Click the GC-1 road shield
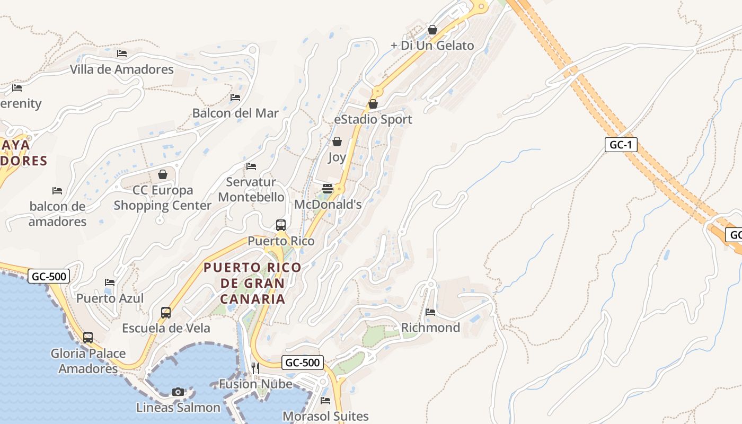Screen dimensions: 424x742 [621, 145]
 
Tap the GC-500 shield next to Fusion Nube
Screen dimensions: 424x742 [302, 363]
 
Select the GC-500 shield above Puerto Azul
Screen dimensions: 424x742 [48, 276]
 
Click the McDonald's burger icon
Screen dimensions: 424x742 [328, 189]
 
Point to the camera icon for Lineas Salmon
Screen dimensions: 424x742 [178, 392]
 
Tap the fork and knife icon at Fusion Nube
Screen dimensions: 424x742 [255, 368]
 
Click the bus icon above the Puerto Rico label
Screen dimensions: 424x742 [281, 225]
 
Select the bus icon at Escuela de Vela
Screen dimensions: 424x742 [166, 313]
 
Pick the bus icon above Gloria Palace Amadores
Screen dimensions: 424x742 [88, 337]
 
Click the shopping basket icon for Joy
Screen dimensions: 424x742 [337, 142]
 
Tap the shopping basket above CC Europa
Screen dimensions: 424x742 [163, 174]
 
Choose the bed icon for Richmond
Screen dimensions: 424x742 [430, 312]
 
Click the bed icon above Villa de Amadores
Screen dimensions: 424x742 [122, 54]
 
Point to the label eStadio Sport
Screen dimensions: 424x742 [373, 120]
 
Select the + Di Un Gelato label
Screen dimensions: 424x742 [432, 46]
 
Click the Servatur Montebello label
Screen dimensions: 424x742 [251, 190]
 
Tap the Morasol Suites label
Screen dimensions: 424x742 [325, 416]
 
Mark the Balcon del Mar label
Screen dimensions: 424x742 [235, 113]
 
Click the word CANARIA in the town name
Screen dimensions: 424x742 [252, 299]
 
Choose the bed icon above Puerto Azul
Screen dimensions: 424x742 [110, 282]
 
